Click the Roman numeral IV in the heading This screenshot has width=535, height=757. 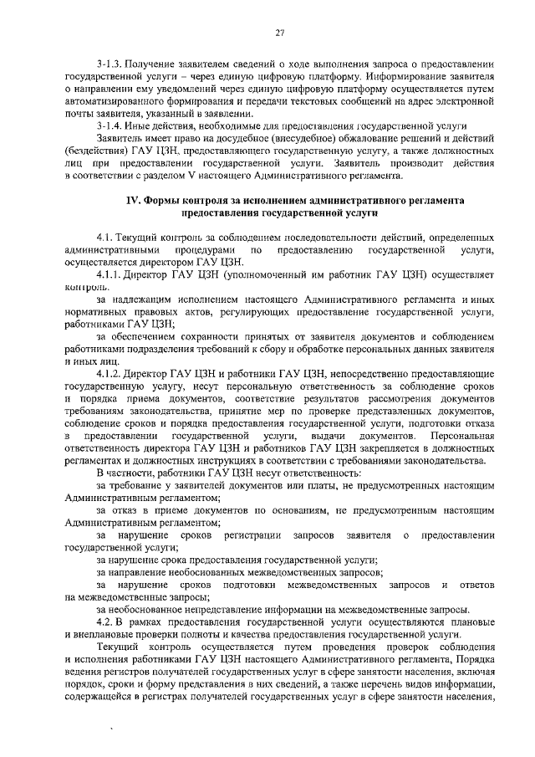coord(132,202)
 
